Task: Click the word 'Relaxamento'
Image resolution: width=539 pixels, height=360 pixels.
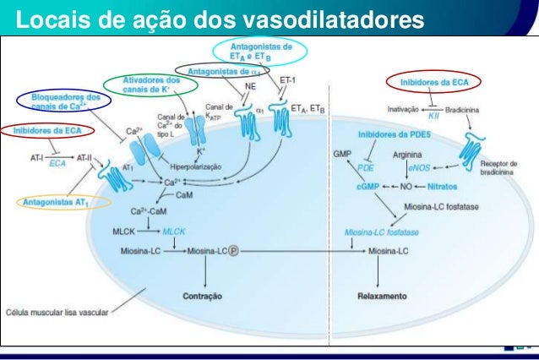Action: (382, 297)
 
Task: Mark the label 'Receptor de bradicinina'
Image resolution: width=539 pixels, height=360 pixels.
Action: (500, 167)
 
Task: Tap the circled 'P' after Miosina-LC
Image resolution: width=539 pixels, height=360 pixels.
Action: (233, 251)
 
